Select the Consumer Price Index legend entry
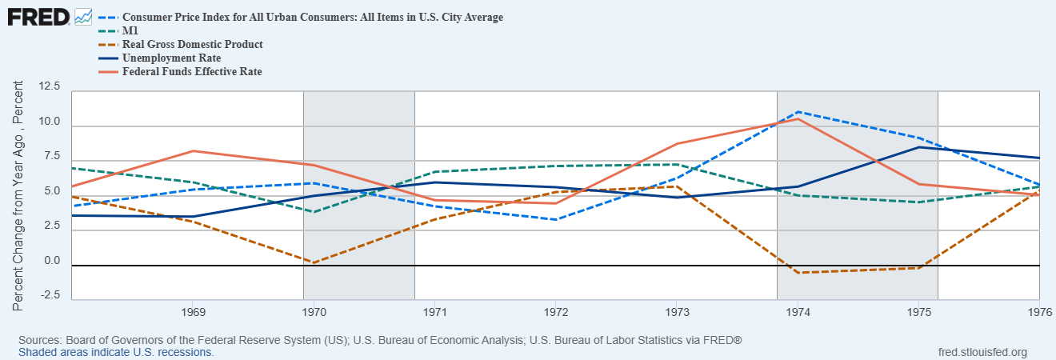tap(312, 17)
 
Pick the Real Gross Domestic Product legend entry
tap(192, 44)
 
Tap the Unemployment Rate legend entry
tap(171, 58)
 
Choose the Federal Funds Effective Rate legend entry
tap(192, 71)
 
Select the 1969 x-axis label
tap(192, 310)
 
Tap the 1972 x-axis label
tap(555, 310)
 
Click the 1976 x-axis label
tap(1039, 310)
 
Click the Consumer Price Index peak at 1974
tap(798, 112)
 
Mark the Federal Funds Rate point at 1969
tap(192, 150)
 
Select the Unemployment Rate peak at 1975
tap(918, 147)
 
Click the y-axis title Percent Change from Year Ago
tap(18, 196)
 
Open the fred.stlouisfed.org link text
tap(982, 352)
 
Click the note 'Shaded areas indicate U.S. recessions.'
tap(116, 352)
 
